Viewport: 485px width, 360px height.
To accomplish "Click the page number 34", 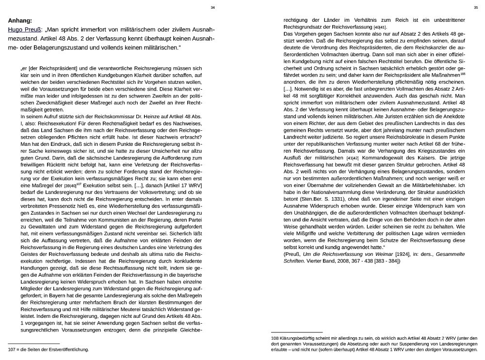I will pyautogui.click(x=213, y=7).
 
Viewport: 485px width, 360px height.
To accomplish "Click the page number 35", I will pyautogui.click(x=476, y=7).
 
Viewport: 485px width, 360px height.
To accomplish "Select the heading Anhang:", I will pyautogui.click(x=20, y=21).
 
